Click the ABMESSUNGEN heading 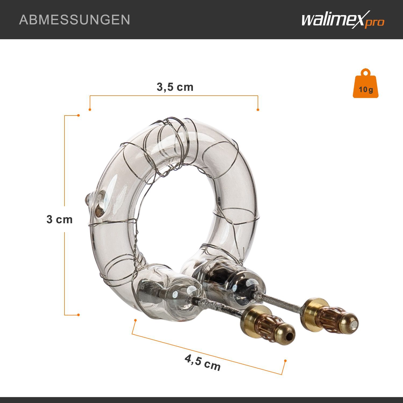click(x=75, y=20)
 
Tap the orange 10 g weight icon click(x=366, y=83)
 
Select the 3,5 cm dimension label click(x=175, y=87)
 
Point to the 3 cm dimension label click(x=60, y=220)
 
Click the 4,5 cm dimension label click(x=203, y=362)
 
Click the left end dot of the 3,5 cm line click(x=90, y=110)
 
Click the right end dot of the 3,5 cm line click(x=258, y=110)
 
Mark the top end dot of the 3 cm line click(x=78, y=116)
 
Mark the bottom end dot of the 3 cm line click(x=78, y=315)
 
